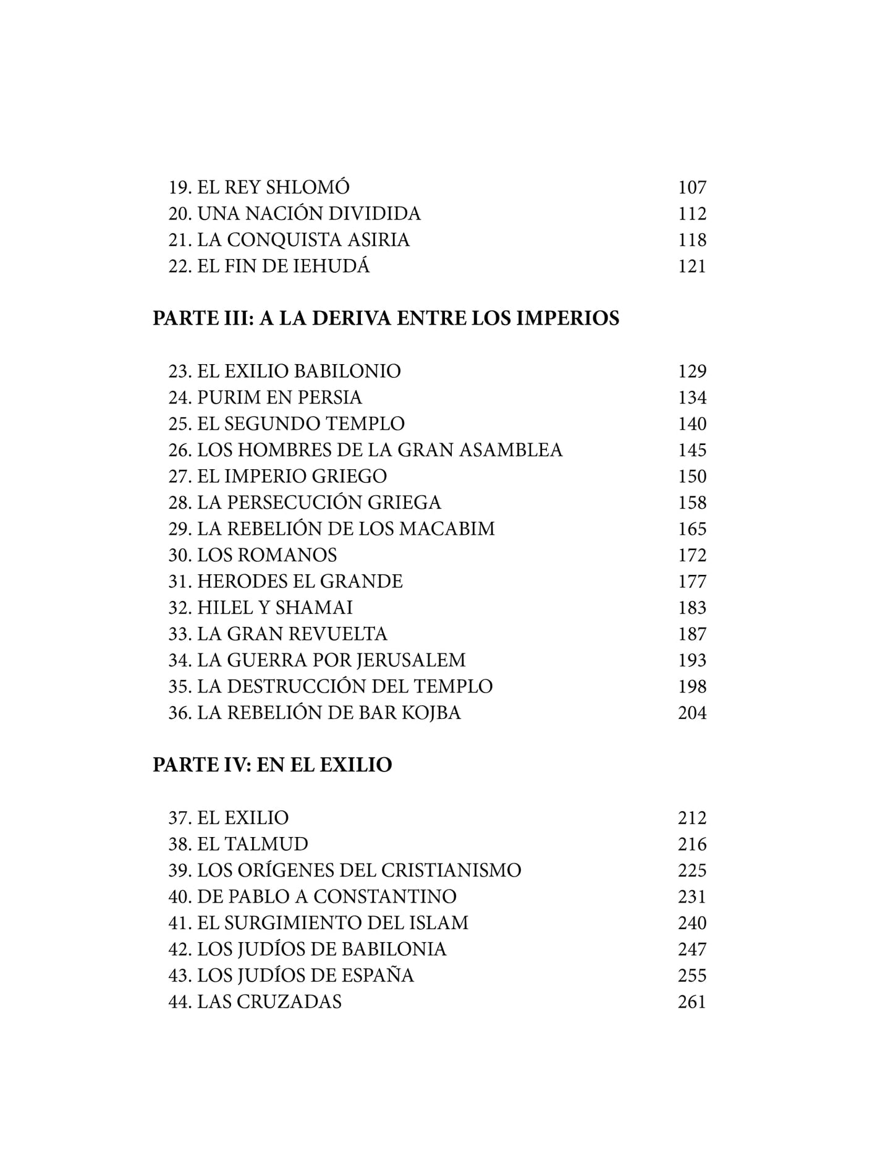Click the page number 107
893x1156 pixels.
[692, 187]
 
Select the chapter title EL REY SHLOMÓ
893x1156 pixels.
[273, 187]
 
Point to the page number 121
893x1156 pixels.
[692, 266]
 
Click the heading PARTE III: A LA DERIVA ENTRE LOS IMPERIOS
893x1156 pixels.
[386, 318]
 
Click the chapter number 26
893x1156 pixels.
[179, 450]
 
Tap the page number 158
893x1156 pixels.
[692, 503]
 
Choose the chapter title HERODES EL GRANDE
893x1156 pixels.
[300, 582]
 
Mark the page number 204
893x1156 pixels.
[692, 713]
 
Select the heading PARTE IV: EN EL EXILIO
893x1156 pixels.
[272, 765]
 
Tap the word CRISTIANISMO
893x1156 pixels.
[451, 870]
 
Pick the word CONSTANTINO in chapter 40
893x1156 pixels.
[385, 897]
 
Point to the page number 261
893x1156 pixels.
[692, 1002]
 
